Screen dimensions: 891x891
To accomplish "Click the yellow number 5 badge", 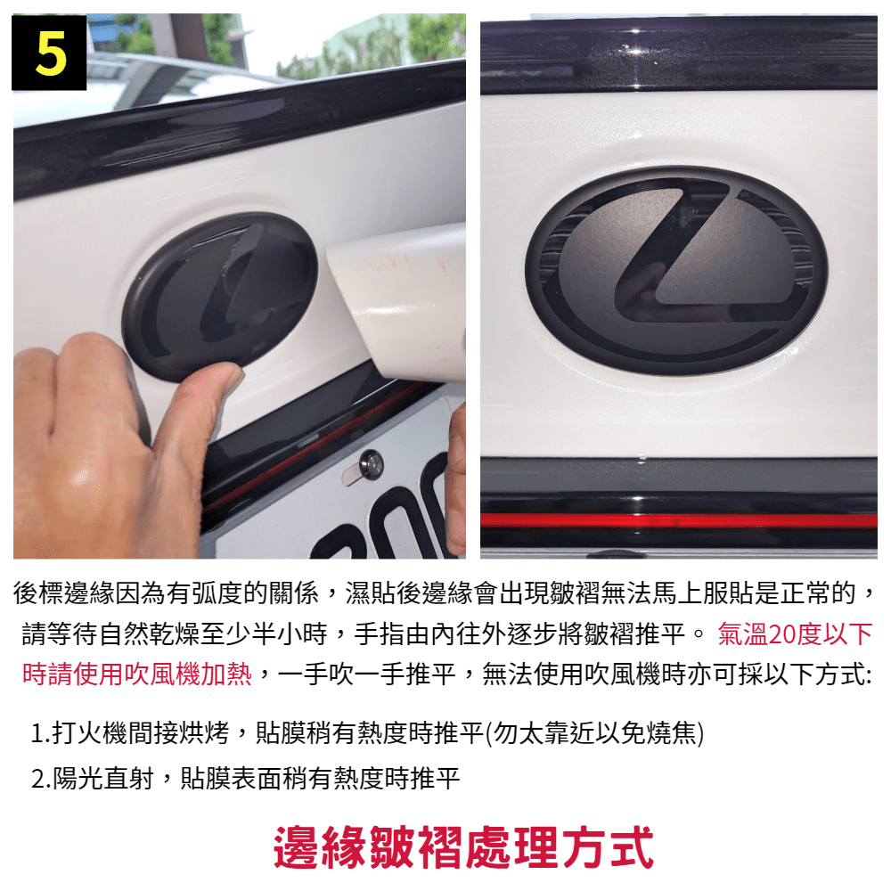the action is [x=49, y=53].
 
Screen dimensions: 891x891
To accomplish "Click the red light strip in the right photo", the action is [x=678, y=520].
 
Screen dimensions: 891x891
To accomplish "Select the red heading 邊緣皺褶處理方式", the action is [x=463, y=847].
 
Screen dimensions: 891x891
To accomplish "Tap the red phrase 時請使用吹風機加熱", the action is [x=137, y=674].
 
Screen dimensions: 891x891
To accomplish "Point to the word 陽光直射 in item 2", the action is [x=102, y=778].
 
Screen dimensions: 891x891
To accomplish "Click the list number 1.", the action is [x=37, y=733].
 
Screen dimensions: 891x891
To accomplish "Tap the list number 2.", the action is [x=38, y=779].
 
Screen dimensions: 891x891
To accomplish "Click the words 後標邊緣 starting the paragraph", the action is [x=63, y=593].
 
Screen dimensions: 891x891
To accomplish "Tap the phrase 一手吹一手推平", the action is [x=367, y=674].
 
